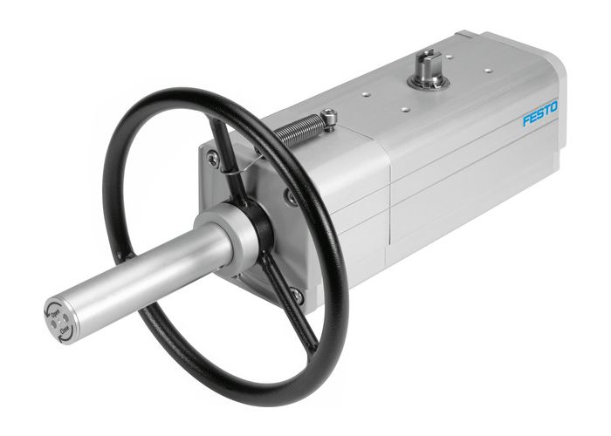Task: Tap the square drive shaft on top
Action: (428, 63)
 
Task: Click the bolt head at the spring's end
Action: (328, 116)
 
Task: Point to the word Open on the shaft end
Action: (54, 312)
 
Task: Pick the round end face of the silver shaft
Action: (59, 321)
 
